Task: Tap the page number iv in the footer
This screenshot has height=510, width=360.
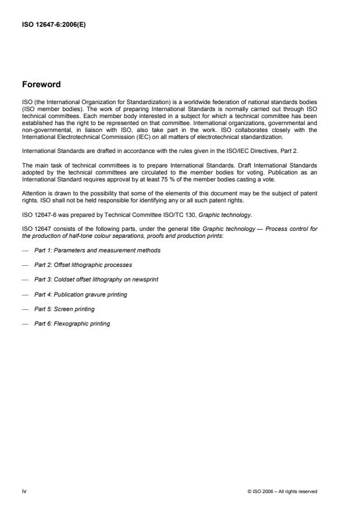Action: (x=24, y=491)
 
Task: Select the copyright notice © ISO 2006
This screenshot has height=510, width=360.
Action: (x=281, y=491)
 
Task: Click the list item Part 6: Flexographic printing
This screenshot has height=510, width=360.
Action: (x=72, y=323)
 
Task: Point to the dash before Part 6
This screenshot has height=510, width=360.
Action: (x=24, y=323)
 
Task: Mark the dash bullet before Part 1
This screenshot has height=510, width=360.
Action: (x=24, y=250)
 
